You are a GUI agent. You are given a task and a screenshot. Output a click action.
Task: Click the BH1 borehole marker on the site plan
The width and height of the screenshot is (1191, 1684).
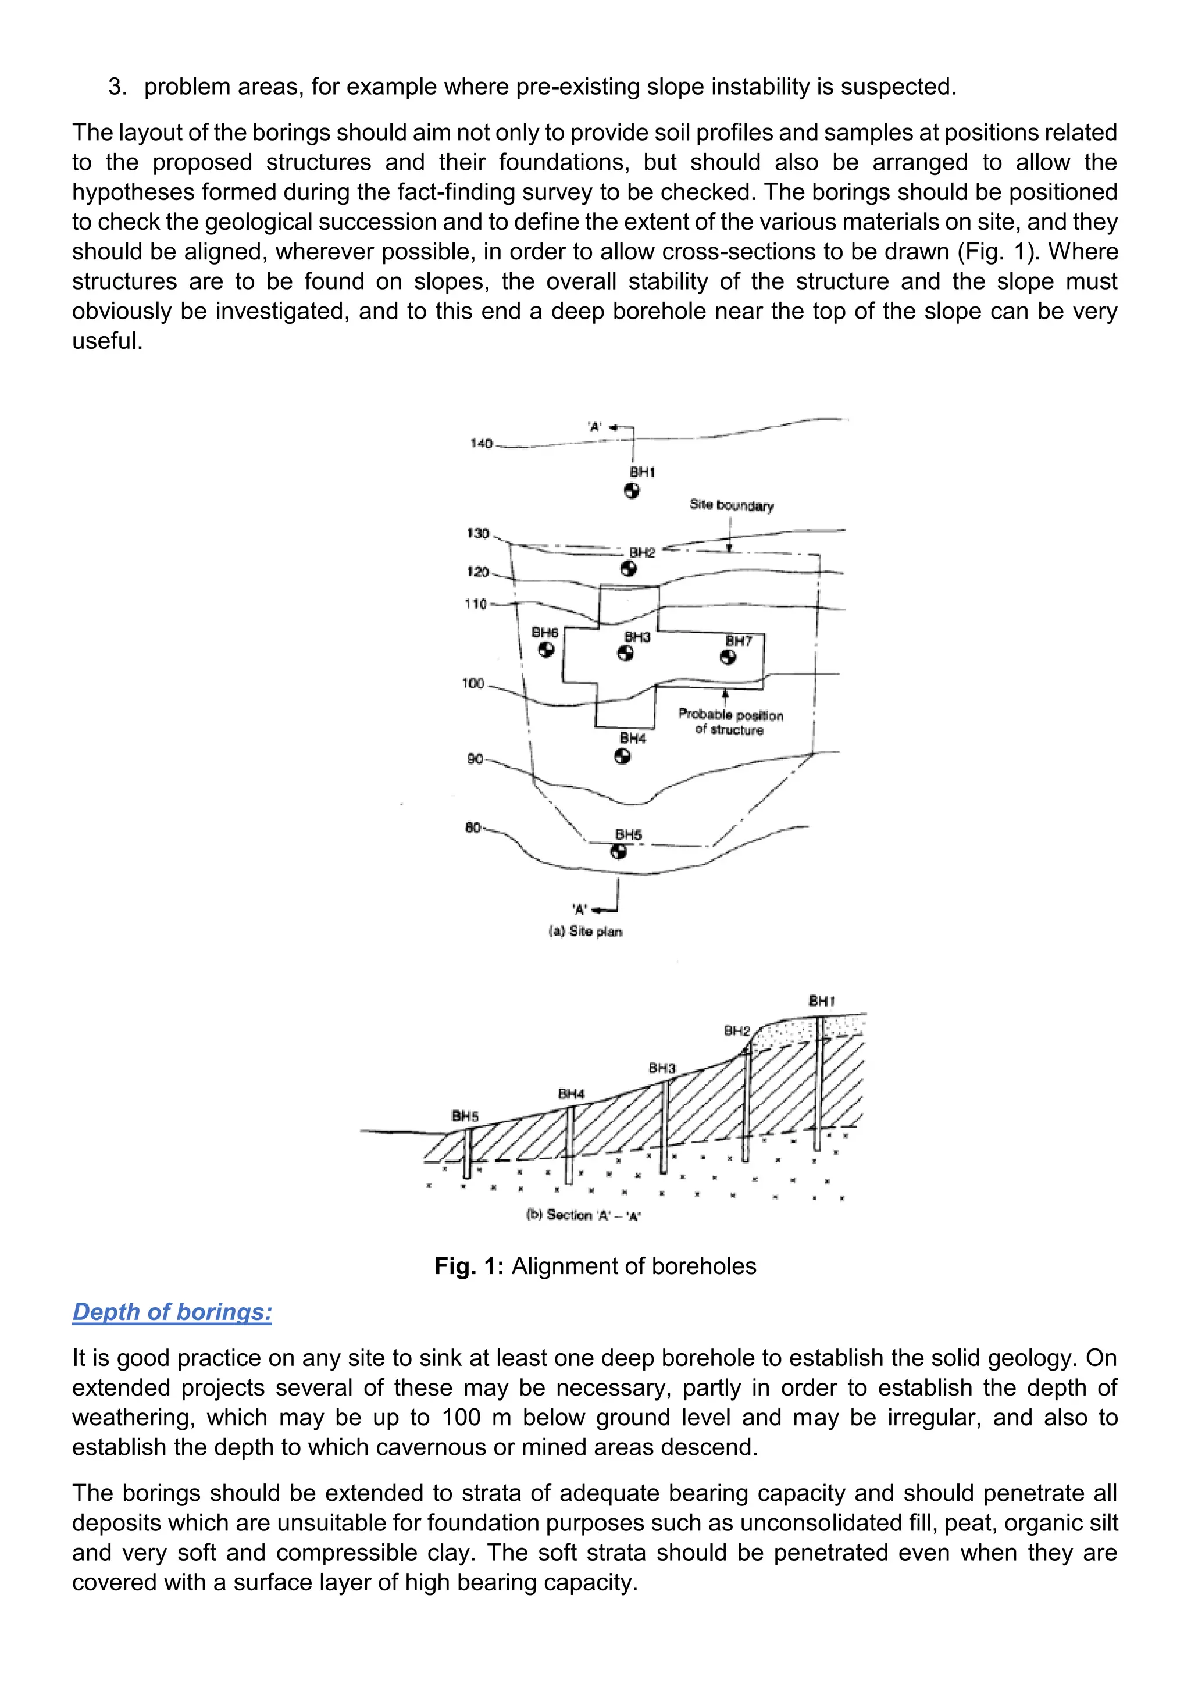[x=632, y=491]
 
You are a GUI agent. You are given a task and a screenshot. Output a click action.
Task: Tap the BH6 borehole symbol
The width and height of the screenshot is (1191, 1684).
[x=545, y=650]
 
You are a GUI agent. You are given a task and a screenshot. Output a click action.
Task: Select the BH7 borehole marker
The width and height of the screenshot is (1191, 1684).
[x=728, y=657]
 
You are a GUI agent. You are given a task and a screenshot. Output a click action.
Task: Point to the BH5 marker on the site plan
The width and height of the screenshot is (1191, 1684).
[x=619, y=851]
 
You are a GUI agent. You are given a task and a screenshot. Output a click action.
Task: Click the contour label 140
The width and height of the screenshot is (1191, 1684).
[x=481, y=444]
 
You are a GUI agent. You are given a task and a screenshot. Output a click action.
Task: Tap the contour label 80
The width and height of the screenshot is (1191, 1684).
[x=473, y=828]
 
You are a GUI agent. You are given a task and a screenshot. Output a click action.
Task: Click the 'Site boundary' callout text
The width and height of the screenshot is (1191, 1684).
[x=731, y=505]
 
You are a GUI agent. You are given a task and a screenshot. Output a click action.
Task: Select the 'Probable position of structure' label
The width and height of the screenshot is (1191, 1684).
[x=730, y=722]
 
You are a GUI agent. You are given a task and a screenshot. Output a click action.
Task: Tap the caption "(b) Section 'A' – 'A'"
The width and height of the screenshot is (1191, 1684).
[x=584, y=1215]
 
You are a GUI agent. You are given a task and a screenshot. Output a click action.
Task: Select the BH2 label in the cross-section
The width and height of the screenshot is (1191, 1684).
[x=737, y=1030]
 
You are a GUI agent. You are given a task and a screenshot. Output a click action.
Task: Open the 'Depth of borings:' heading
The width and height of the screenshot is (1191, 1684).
[x=172, y=1311]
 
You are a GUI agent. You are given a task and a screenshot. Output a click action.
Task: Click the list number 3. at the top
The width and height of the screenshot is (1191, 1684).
[x=117, y=87]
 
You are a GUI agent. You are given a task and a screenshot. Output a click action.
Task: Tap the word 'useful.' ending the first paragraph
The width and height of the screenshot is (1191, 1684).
[x=107, y=341]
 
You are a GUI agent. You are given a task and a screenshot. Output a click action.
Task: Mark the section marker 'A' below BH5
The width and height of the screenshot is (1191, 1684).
[x=579, y=910]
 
